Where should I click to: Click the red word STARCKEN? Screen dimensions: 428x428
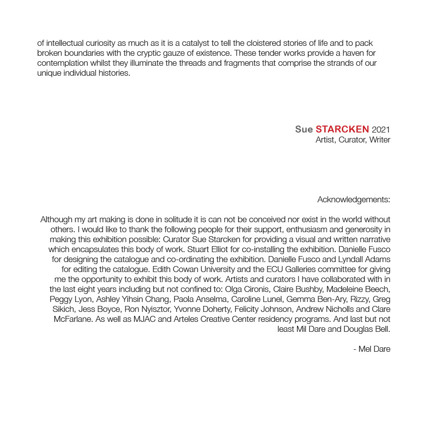pos(342,130)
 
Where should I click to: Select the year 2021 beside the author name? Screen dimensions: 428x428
pos(381,130)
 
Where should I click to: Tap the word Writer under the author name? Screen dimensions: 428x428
pos(380,140)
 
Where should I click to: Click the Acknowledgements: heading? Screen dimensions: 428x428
pos(354,200)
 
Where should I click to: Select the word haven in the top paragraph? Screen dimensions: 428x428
pos(353,53)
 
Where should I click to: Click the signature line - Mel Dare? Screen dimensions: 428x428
pos(372,349)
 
